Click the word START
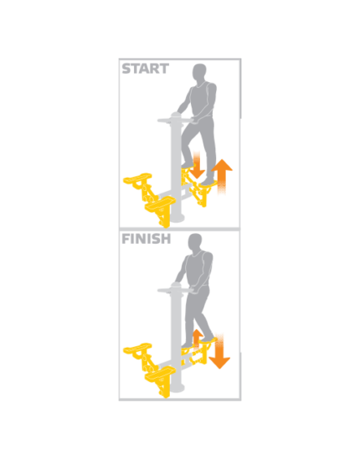tap(145, 69)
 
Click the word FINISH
tap(146, 239)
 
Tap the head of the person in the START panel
tap(199, 72)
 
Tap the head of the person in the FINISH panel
tap(195, 243)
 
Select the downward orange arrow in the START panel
tap(197, 165)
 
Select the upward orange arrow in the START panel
tap(222, 176)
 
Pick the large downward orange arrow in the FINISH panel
tap(219, 351)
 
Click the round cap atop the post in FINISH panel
tap(177, 285)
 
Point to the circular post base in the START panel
tap(177, 219)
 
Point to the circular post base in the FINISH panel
tap(177, 389)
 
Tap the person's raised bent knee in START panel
tap(186, 136)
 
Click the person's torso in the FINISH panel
tap(199, 270)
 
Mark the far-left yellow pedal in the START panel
tap(137, 178)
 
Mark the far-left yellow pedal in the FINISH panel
tap(137, 349)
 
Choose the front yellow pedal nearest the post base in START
tap(160, 204)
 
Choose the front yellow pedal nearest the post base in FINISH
tap(160, 374)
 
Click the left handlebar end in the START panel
tap(160, 121)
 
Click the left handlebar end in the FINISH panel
tap(160, 291)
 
